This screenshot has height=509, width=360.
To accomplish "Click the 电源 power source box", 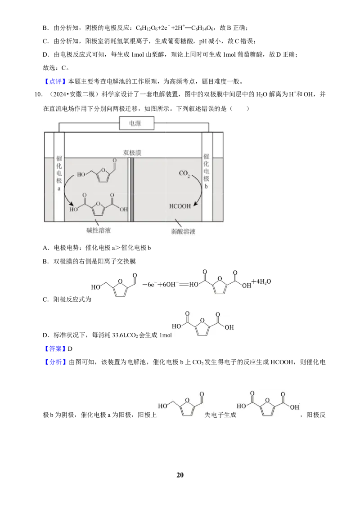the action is [x=137, y=123].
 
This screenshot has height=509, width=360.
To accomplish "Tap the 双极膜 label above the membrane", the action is [x=132, y=152].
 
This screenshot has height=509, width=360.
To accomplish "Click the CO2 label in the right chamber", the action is [x=184, y=174].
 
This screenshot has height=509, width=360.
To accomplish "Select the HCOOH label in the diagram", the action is [x=180, y=206].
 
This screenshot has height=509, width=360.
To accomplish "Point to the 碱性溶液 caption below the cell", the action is [x=99, y=230].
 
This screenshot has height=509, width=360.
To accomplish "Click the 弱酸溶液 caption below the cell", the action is [x=183, y=232].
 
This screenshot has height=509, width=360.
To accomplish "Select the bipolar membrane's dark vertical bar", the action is [x=132, y=190].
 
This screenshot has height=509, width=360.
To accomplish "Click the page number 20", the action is [x=180, y=475].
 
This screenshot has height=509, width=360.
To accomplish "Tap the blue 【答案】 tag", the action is [x=54, y=348].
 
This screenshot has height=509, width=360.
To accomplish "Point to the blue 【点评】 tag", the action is [x=54, y=81].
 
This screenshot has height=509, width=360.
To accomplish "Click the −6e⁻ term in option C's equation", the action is [x=150, y=285].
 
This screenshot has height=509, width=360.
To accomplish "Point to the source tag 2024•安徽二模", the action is [x=72, y=94].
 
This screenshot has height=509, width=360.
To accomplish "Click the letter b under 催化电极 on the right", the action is [x=206, y=186].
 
